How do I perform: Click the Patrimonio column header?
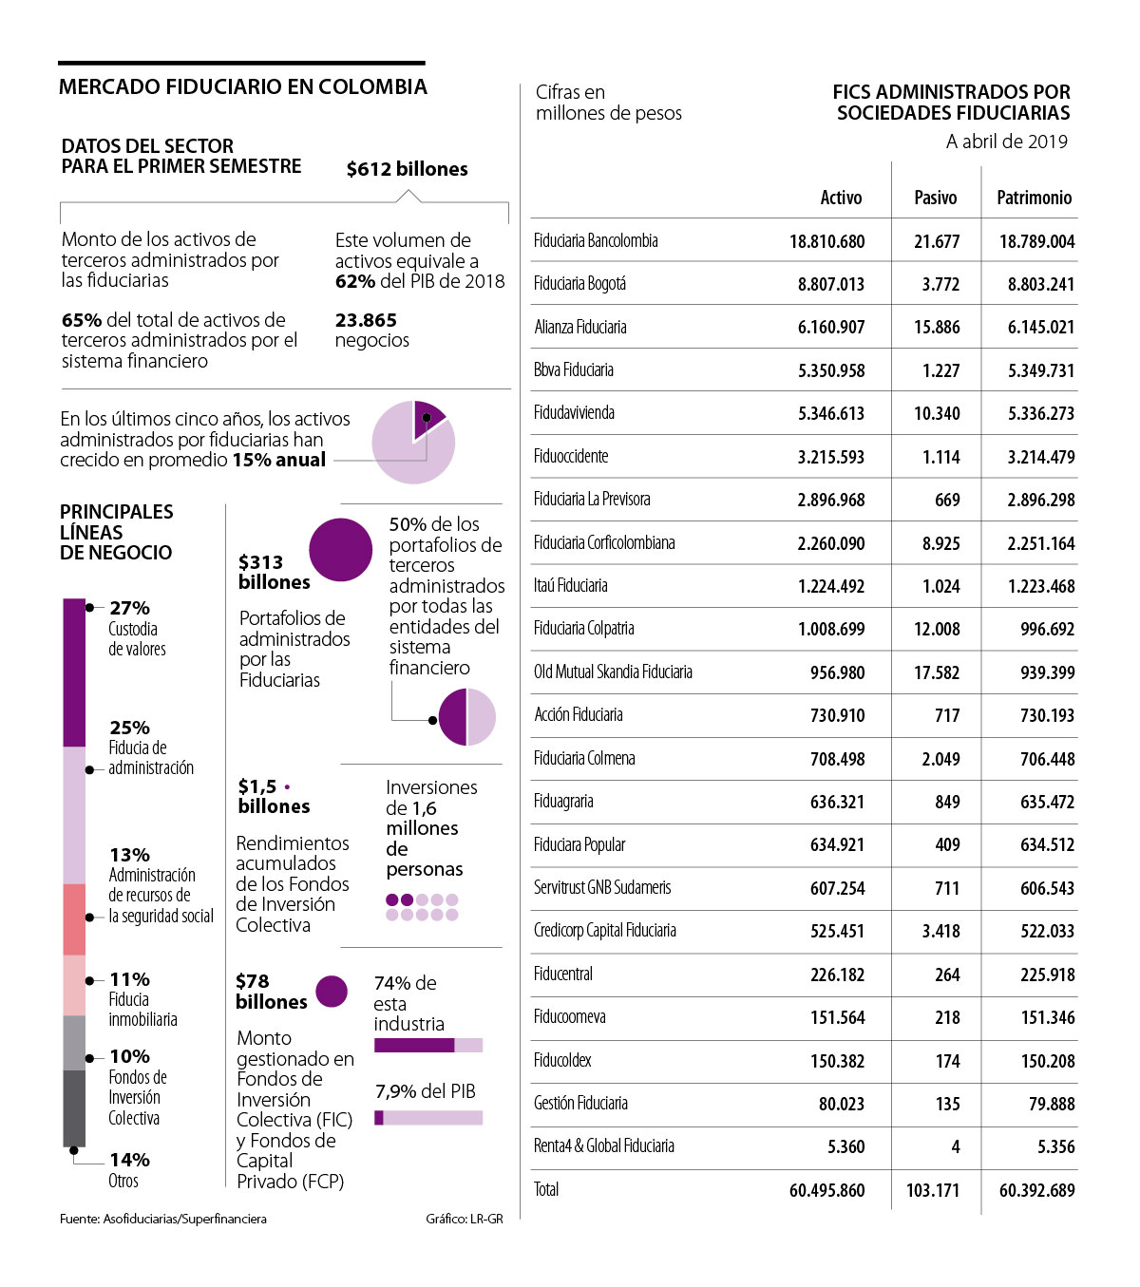pyautogui.click(x=1034, y=198)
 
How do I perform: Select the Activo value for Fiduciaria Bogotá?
pyautogui.click(x=830, y=284)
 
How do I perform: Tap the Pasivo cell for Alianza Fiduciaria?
pyautogui.click(x=937, y=327)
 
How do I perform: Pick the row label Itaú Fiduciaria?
pyautogui.click(x=571, y=585)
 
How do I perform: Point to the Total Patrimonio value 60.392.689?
pyautogui.click(x=1036, y=1190)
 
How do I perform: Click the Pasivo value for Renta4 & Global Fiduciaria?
pyautogui.click(x=955, y=1146)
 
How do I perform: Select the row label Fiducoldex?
pyautogui.click(x=562, y=1060)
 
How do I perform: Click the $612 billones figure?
pyautogui.click(x=407, y=169)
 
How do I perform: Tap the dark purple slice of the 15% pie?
pyautogui.click(x=427, y=416)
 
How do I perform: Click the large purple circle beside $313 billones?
pyautogui.click(x=340, y=550)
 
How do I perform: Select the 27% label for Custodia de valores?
pyautogui.click(x=129, y=608)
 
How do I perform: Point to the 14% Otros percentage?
pyautogui.click(x=129, y=1160)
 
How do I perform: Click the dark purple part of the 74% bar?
pyautogui.click(x=414, y=1045)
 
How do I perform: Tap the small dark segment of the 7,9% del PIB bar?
pyautogui.click(x=379, y=1118)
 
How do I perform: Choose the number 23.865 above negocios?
pyautogui.click(x=366, y=320)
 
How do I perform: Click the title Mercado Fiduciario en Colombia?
pyautogui.click(x=242, y=87)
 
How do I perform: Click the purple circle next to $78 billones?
pyautogui.click(x=332, y=992)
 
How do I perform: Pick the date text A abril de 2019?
pyautogui.click(x=1006, y=142)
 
